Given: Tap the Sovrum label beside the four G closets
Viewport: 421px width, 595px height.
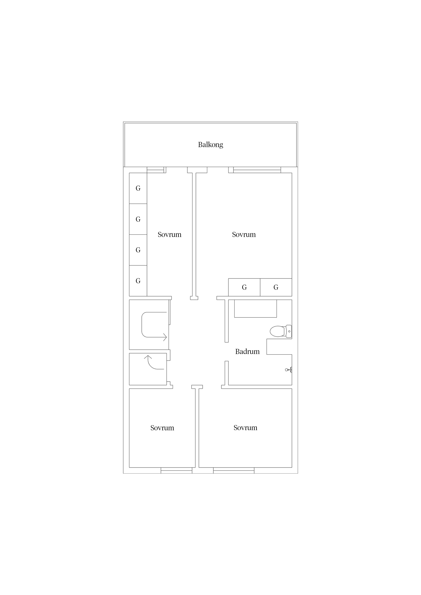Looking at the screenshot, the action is [x=169, y=235].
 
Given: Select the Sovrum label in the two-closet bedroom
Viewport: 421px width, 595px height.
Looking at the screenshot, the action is [x=244, y=235].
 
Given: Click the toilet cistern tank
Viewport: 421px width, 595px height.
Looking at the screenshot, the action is [x=289, y=331].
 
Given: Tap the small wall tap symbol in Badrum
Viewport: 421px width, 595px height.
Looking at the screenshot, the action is [x=288, y=370].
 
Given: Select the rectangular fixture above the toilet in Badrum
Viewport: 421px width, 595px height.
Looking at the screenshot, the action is [x=255, y=308].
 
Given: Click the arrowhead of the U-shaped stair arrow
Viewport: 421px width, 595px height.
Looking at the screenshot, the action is [x=165, y=337].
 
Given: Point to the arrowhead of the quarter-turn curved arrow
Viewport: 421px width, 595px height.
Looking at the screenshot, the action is [x=148, y=357].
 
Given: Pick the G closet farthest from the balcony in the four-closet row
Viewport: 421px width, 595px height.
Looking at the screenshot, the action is [x=138, y=281].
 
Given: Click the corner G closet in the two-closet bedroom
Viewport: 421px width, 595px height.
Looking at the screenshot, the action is [x=276, y=287].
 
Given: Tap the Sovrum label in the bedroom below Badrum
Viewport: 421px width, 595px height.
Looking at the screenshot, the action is [x=245, y=428].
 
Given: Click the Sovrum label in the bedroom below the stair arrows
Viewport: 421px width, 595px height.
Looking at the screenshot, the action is [x=162, y=428].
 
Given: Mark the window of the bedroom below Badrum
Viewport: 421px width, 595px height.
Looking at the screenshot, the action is [x=234, y=470].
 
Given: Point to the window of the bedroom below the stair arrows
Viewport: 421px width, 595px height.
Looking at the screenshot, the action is [x=176, y=470].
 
